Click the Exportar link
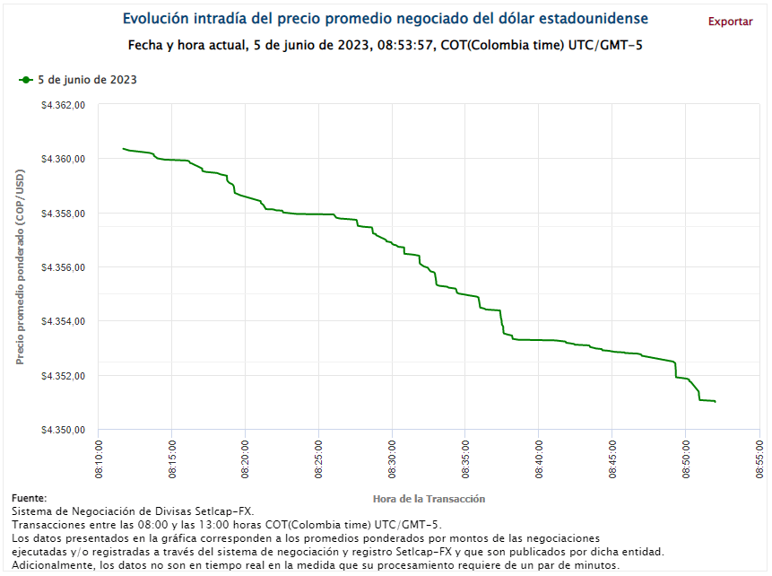(x=730, y=22)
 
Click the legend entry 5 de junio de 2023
(x=86, y=80)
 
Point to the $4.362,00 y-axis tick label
(x=63, y=105)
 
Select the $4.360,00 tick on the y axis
(x=63, y=159)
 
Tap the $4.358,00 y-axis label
(x=63, y=214)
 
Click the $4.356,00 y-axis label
(x=63, y=267)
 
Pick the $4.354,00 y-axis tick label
(x=63, y=321)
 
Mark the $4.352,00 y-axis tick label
(x=63, y=376)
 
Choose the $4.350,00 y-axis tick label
(x=63, y=430)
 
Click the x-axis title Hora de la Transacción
(x=428, y=498)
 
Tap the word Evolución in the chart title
(x=153, y=19)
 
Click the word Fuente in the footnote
(x=30, y=498)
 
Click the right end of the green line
(x=715, y=401)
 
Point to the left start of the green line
(x=123, y=148)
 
